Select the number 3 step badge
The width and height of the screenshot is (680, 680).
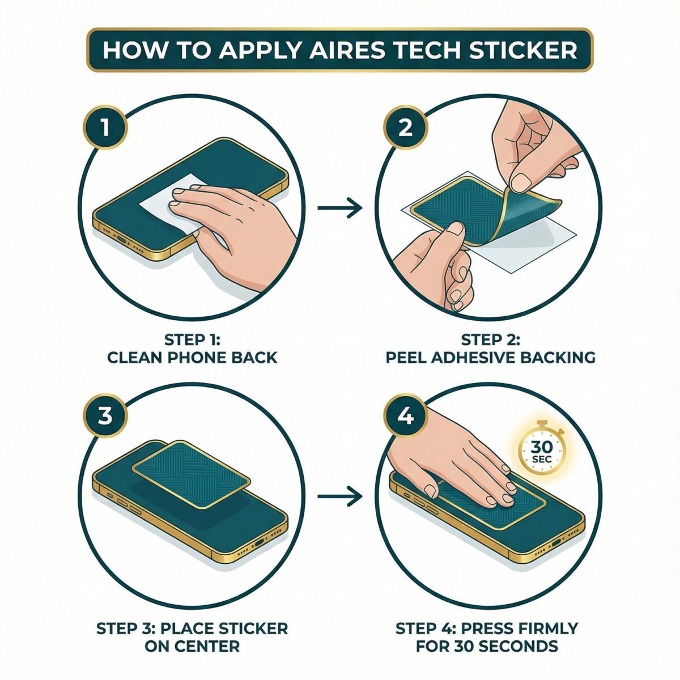pos(105,416)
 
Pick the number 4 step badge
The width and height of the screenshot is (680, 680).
pos(405,416)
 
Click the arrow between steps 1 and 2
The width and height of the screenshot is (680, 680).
pos(340,208)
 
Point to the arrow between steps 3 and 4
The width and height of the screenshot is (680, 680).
pos(340,497)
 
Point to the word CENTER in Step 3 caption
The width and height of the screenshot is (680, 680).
pos(192,645)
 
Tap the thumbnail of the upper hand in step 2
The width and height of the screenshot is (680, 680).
pos(520,182)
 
